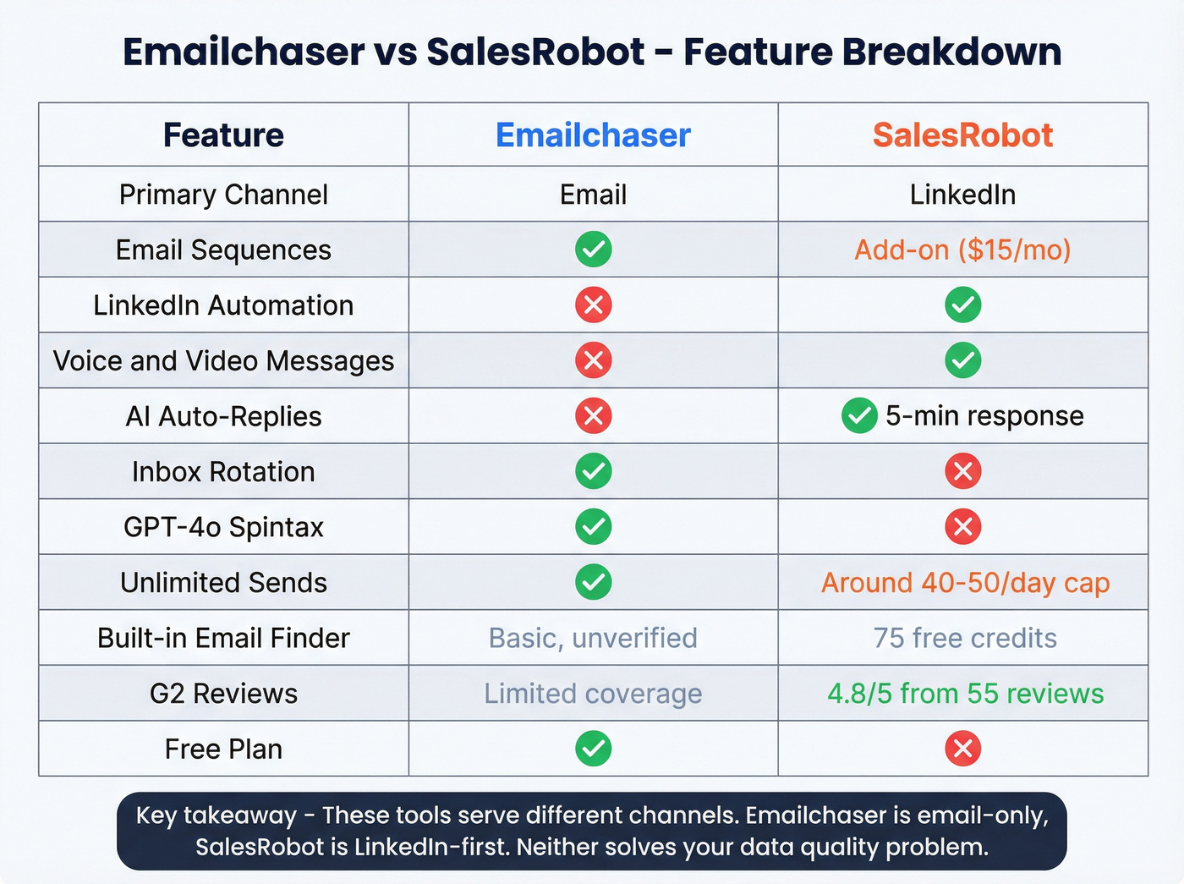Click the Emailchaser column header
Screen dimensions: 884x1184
pos(593,135)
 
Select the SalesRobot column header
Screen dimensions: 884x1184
pos(962,135)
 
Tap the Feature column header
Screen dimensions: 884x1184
pos(223,135)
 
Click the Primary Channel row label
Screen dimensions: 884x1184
pos(223,195)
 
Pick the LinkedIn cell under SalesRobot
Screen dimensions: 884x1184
pos(962,195)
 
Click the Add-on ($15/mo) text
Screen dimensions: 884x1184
pos(962,250)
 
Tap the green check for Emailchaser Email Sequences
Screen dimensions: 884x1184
pos(594,250)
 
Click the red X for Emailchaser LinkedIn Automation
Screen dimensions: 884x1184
pos(594,305)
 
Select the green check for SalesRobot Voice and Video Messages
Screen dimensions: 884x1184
pos(962,360)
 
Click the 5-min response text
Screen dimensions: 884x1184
pos(984,416)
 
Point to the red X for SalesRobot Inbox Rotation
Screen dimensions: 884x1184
pos(962,471)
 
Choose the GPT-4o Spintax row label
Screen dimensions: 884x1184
pos(223,527)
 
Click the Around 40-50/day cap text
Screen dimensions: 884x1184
pos(965,583)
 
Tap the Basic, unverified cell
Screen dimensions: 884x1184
pos(593,638)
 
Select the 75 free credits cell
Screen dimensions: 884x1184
pos(965,638)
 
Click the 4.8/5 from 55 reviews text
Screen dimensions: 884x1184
pos(965,694)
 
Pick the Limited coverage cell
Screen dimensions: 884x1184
pos(593,694)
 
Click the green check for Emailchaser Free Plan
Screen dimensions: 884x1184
pos(594,749)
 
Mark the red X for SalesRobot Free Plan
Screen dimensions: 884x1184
pos(962,749)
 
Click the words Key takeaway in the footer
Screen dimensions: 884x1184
pos(216,815)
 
